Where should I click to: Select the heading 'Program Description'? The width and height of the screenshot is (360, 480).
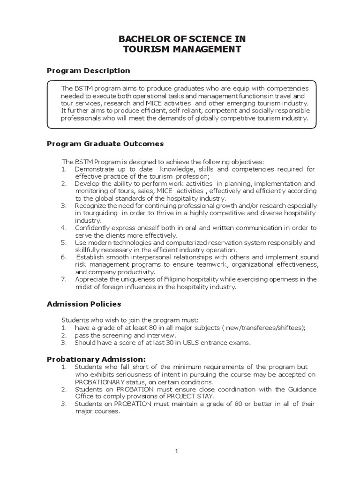click(x=89, y=71)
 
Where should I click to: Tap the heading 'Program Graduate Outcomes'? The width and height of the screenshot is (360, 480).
click(x=105, y=143)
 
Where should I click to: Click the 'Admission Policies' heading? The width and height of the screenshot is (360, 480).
click(x=84, y=304)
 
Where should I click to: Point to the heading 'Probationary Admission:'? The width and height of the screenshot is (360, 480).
click(x=93, y=359)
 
